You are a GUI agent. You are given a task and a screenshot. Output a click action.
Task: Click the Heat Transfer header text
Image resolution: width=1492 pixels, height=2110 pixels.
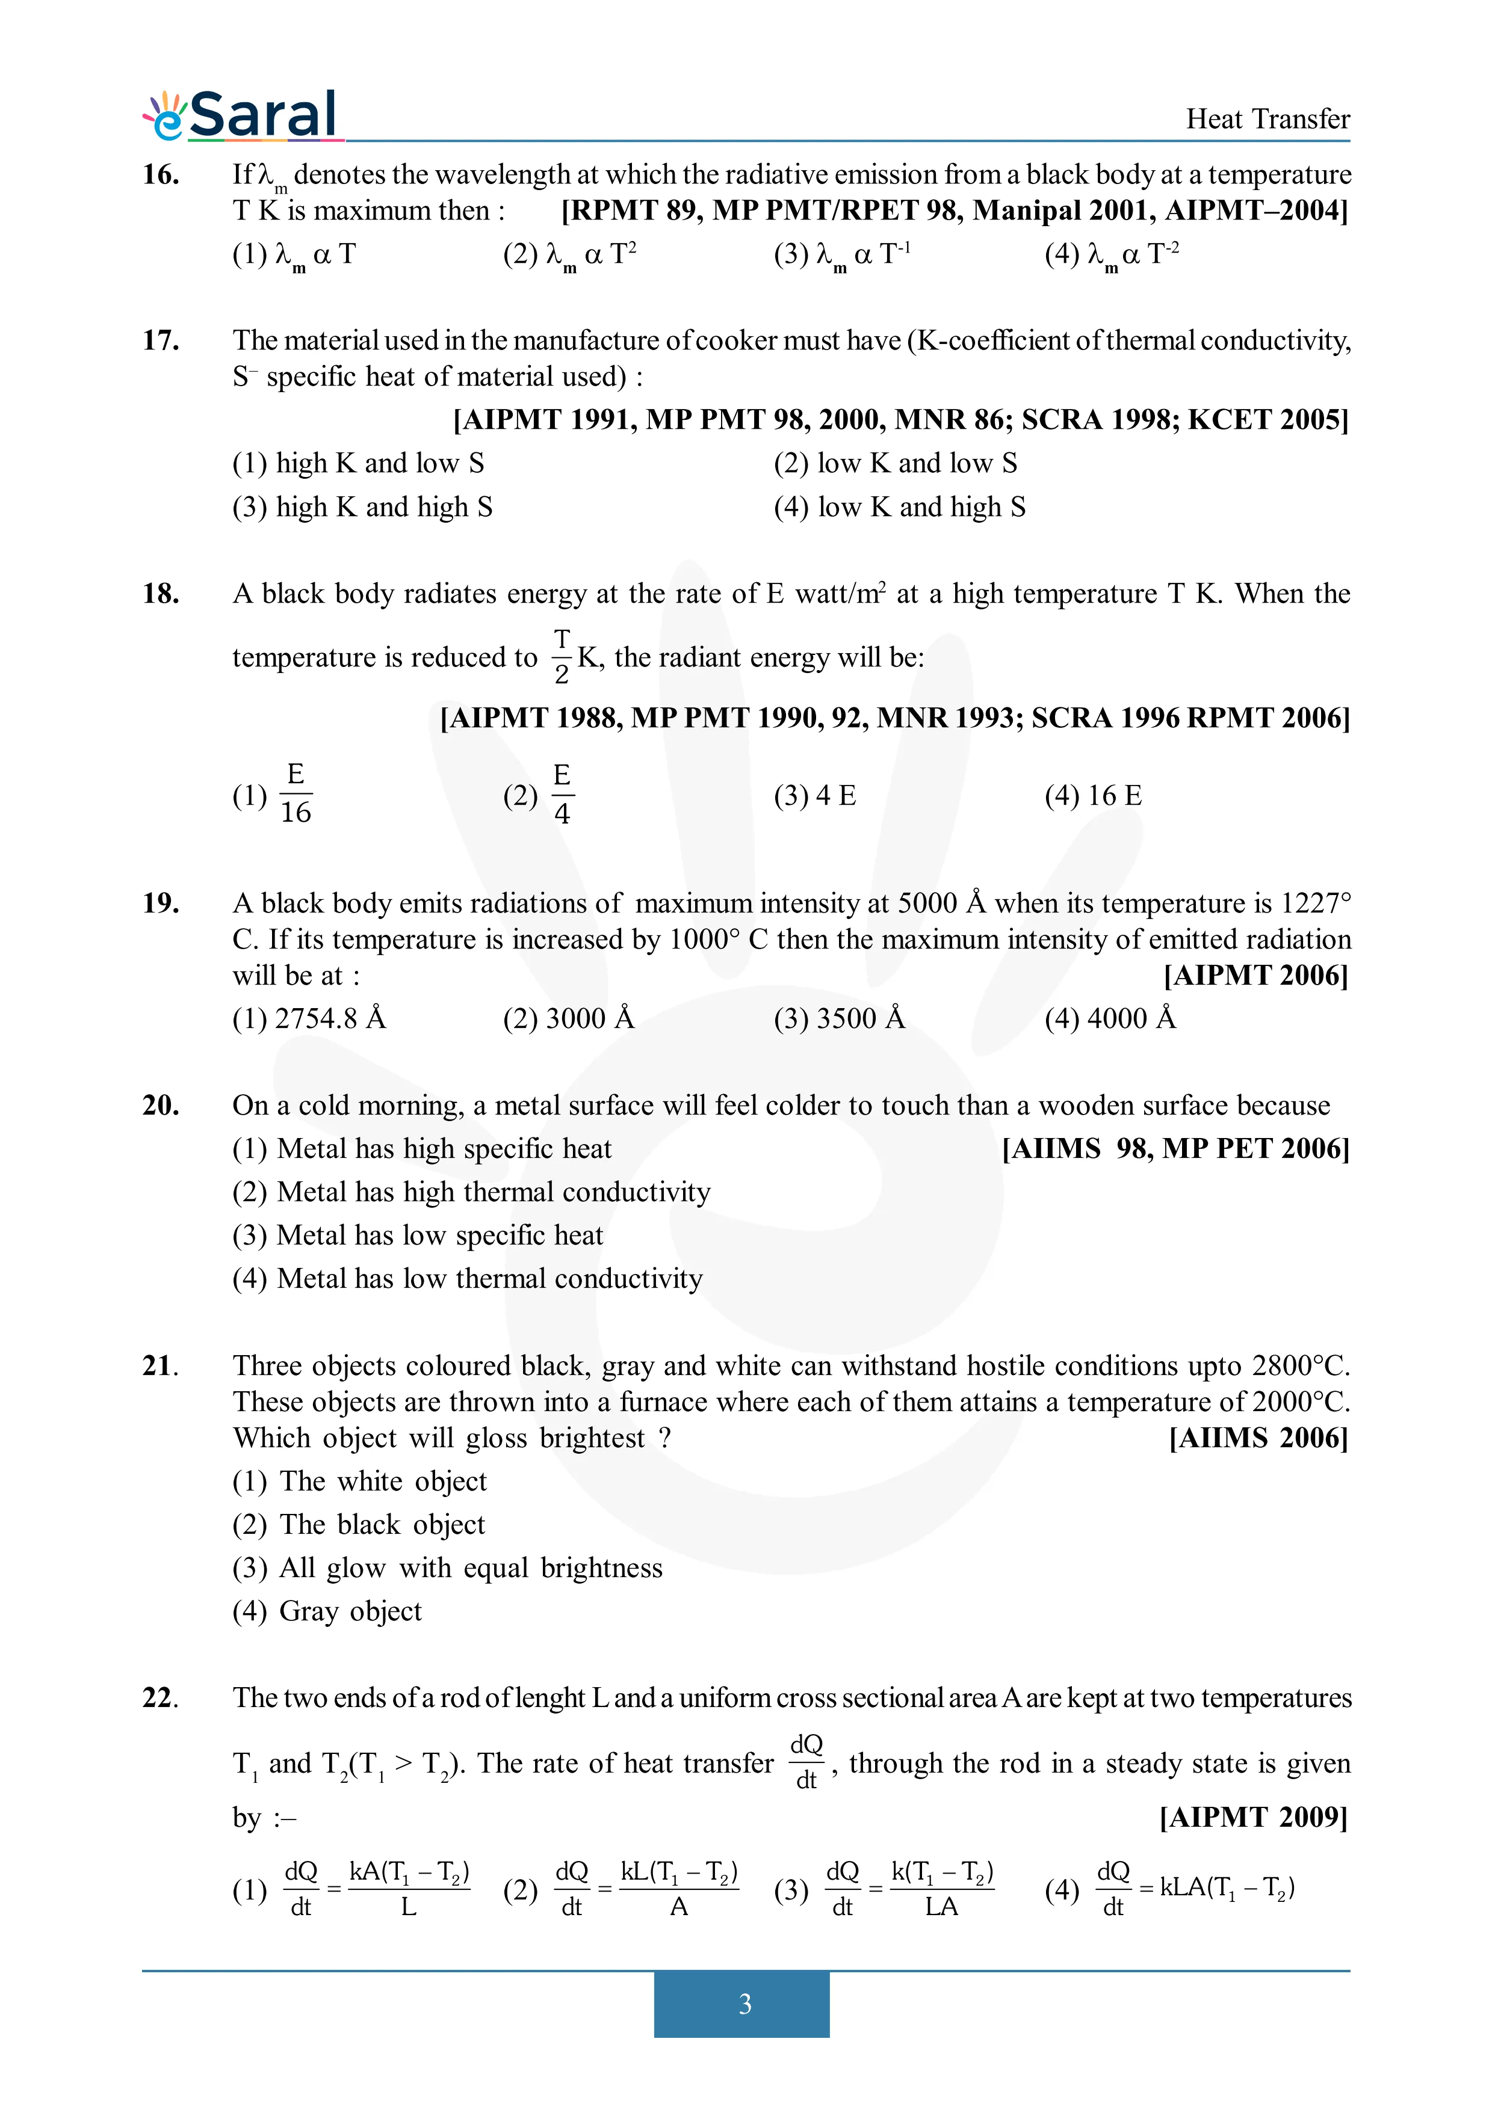click(1267, 120)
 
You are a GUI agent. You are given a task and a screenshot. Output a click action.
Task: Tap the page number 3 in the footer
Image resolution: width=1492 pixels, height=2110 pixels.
click(744, 2004)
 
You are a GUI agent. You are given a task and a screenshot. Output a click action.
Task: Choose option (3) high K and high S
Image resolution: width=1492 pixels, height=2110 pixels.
click(362, 507)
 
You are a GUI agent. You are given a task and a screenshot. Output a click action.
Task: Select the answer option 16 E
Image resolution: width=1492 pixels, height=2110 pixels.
click(1093, 796)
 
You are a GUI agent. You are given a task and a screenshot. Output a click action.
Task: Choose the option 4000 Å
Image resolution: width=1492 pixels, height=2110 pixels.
click(1110, 1018)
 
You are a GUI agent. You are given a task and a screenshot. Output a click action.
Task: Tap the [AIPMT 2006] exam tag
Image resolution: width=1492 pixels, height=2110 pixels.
click(1255, 975)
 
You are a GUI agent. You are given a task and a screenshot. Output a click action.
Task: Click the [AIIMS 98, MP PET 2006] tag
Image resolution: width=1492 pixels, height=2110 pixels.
click(1175, 1149)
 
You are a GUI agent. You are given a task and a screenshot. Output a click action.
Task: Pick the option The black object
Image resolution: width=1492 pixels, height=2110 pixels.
click(359, 1525)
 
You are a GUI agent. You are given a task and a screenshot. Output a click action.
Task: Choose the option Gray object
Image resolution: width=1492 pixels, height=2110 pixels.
click(327, 1611)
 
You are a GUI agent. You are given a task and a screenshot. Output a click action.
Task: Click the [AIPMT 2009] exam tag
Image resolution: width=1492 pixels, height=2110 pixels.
click(1253, 1817)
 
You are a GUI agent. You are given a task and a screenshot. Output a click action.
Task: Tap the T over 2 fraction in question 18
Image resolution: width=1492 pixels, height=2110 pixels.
click(562, 656)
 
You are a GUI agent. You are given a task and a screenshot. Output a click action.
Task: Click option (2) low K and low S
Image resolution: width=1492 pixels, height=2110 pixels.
click(896, 463)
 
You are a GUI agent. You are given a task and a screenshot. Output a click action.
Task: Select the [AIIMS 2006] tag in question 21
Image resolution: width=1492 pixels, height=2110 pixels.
click(1258, 1438)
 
